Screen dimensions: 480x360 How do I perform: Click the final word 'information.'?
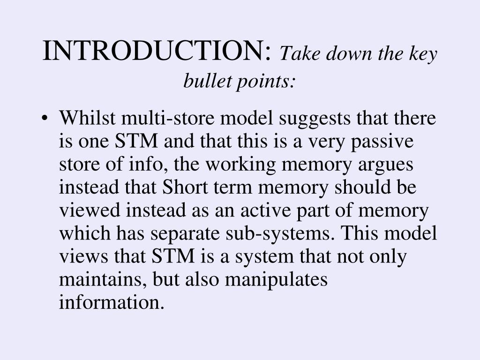pyautogui.click(x=112, y=303)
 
